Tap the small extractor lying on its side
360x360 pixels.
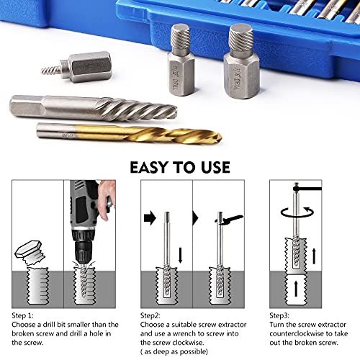76,67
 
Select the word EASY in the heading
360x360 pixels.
149,167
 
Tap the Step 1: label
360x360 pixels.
22,315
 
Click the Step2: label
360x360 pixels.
150,315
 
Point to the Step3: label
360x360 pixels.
279,315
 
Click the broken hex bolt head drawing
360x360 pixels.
30,253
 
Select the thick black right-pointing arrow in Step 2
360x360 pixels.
150,218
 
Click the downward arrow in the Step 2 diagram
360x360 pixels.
181,255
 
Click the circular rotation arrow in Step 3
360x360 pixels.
297,212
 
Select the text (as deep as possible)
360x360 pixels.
174,352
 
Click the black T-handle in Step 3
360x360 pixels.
307,188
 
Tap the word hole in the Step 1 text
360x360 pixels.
96,333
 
